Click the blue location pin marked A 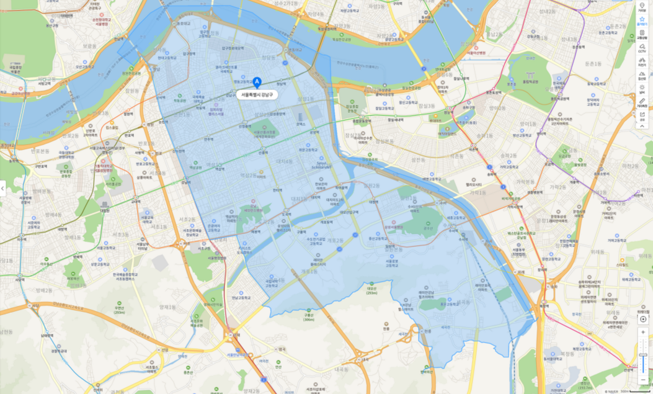coord(257,81)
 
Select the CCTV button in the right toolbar coord(642,48)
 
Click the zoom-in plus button coord(642,333)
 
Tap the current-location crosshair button coord(642,318)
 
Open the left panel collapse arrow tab coord(3,188)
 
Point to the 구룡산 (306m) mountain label coord(308,317)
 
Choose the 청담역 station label coord(281,83)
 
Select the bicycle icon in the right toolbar coord(642,61)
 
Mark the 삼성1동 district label coord(305,99)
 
